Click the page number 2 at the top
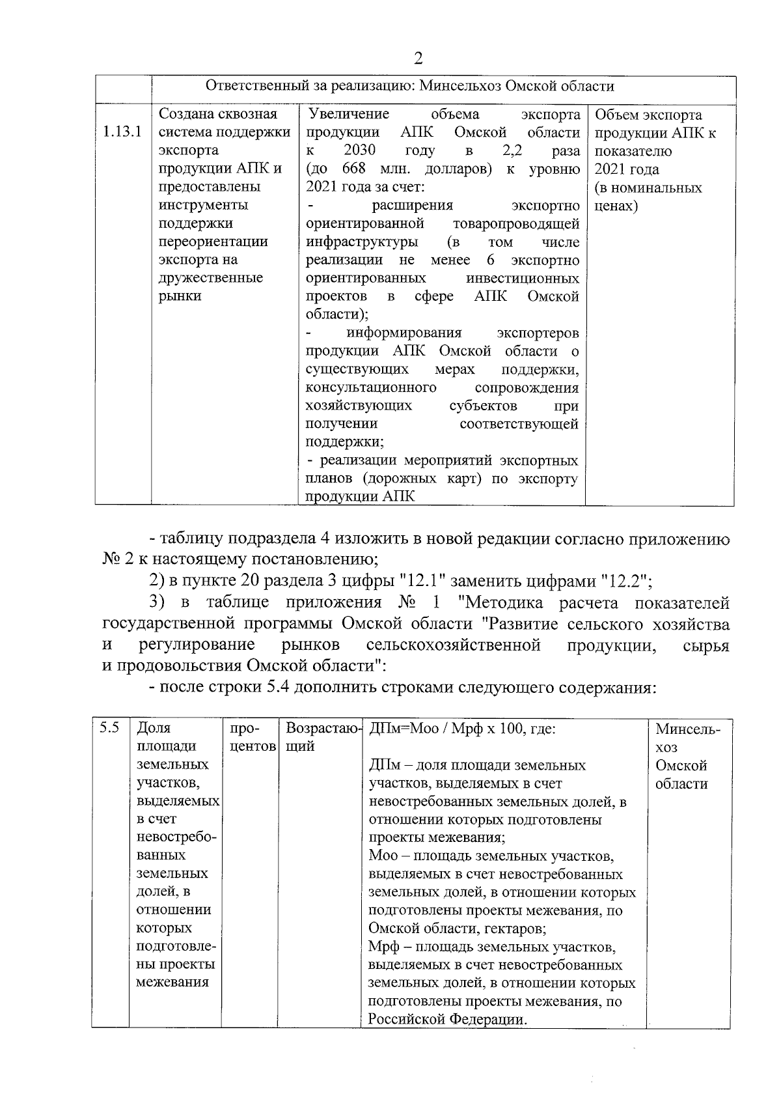418,59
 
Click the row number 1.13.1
122,133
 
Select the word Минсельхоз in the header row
459,87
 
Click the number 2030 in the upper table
359,151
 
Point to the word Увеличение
349,115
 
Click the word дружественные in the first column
211,278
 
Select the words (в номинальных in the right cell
648,188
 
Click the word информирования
404,333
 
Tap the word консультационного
371,388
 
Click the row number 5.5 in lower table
109,729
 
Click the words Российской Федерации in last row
446,1020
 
